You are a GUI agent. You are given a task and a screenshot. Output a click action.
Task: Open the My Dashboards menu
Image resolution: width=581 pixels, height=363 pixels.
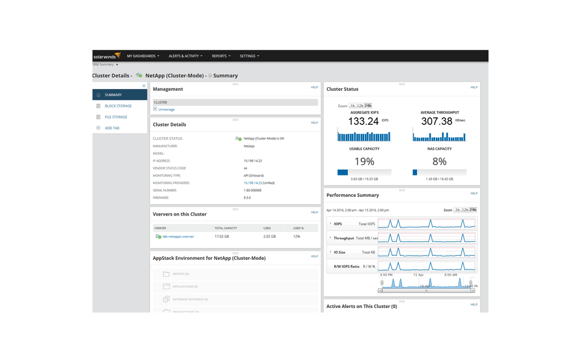click(x=143, y=56)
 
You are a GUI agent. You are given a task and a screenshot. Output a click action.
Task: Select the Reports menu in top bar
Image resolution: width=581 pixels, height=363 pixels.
click(x=221, y=56)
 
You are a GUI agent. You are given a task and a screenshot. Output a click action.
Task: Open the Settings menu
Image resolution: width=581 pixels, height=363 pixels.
click(x=249, y=56)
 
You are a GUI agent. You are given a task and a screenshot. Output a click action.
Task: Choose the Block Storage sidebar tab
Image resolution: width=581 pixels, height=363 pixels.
click(x=118, y=106)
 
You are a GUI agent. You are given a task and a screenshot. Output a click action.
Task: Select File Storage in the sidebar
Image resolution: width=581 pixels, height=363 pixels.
click(x=116, y=117)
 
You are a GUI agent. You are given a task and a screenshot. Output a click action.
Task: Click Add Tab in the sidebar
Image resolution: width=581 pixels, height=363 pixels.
click(x=112, y=128)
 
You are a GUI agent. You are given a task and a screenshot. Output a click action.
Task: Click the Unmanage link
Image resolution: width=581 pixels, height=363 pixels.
click(x=166, y=109)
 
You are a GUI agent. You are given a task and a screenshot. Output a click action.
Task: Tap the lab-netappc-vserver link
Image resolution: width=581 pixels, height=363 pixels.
click(x=178, y=237)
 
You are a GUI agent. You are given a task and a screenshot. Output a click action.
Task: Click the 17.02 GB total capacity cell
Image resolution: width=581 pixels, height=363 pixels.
click(x=222, y=237)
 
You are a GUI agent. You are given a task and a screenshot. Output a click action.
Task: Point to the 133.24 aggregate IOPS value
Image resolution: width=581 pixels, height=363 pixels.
click(x=363, y=121)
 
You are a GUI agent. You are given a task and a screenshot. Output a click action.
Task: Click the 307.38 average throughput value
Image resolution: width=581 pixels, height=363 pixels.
click(x=436, y=121)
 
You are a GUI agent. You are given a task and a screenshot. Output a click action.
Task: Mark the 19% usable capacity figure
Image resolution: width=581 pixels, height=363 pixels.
click(x=364, y=162)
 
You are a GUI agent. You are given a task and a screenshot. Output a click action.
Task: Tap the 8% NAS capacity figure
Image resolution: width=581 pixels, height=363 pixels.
click(x=439, y=162)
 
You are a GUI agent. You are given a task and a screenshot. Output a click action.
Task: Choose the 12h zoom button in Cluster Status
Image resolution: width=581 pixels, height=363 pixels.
click(x=360, y=106)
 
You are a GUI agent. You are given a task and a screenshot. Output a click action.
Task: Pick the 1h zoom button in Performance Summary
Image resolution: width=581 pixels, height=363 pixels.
click(x=457, y=210)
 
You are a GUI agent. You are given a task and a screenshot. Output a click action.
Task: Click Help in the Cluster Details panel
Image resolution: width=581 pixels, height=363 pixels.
click(x=314, y=123)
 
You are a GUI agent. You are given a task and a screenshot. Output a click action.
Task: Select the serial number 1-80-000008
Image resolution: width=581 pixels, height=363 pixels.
click(x=252, y=191)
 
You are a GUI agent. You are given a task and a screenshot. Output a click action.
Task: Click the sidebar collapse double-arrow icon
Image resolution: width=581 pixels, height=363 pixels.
click(x=144, y=86)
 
